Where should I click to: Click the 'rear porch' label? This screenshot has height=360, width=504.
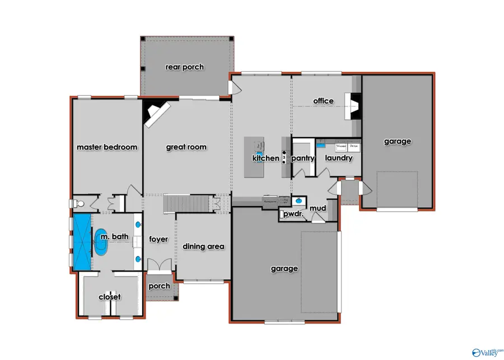pos(184,67)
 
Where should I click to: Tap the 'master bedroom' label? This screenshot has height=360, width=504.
pos(107,147)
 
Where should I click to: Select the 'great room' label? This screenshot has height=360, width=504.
pos(186,147)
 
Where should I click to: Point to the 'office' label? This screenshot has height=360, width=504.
pos(323,101)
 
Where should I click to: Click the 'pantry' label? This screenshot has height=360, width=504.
pos(303,158)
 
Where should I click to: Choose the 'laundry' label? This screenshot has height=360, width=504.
pos(338,158)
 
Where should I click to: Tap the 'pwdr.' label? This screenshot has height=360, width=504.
pos(292,214)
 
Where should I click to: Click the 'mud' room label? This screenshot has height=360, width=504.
pos(318,209)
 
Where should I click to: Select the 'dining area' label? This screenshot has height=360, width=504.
pos(204,246)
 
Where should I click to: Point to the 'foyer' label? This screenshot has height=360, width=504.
pos(158,240)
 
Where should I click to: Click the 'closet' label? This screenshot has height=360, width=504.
pos(109,297)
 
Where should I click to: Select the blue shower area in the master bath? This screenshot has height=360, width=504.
pos(82,241)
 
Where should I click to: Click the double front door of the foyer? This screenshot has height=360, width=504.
pos(158,265)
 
